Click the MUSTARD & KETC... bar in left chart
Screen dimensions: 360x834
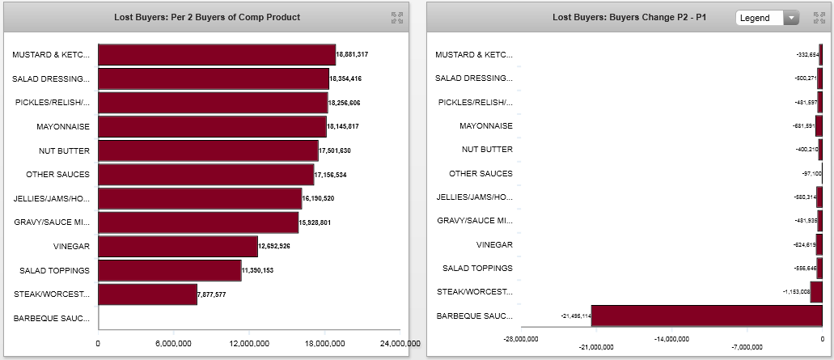216,55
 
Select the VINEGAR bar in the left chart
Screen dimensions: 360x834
178,246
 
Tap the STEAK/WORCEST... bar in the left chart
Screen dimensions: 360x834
147,294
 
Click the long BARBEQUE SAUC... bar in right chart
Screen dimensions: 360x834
706,316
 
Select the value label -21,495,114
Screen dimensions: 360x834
575,316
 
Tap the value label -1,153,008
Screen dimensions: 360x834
794,292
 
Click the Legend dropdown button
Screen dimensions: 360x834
767,17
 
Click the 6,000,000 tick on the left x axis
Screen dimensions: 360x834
173,344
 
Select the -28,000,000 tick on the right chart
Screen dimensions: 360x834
521,339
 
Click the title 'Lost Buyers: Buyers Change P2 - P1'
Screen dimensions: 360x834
629,17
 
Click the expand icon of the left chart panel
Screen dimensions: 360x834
397,17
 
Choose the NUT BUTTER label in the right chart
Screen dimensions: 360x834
487,150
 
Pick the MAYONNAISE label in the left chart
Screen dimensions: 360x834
63,127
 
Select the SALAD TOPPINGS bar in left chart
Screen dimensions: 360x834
169,270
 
